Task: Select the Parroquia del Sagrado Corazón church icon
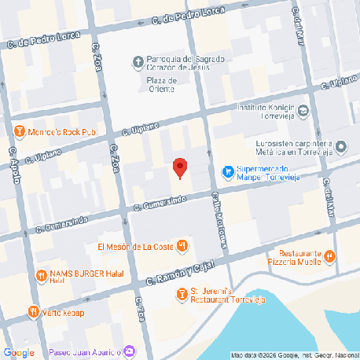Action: pos(138,61)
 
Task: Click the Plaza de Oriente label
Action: pos(161,84)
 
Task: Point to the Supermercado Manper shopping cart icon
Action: pos(228,170)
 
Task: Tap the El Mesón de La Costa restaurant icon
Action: pos(182,247)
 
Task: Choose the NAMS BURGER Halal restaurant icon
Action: pos(40,274)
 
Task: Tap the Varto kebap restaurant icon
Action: pos(33,311)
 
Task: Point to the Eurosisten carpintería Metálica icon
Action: pos(340,146)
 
